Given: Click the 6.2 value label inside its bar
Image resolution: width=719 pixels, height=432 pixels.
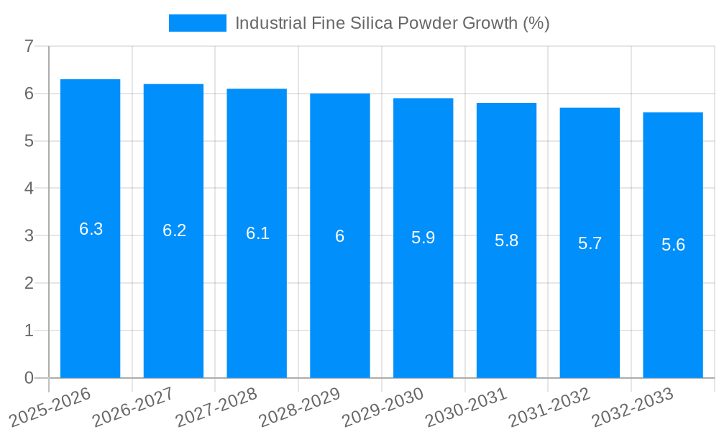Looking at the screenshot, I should (174, 230).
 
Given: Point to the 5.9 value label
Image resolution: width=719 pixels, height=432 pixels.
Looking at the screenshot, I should (423, 238).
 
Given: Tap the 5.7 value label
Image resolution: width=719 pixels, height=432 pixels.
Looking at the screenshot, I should (590, 243).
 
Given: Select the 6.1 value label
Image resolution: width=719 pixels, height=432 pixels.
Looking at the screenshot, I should (257, 233).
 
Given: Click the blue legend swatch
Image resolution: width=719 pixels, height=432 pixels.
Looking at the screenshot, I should (197, 23).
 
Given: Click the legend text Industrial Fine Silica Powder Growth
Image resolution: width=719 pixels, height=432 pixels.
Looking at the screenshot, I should (392, 23).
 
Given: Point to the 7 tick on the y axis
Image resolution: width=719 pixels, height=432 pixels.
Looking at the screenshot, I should (29, 47).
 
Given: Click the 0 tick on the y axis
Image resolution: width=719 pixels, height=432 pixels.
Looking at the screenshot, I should (29, 378).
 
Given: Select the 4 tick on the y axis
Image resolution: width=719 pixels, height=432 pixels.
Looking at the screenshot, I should (29, 189).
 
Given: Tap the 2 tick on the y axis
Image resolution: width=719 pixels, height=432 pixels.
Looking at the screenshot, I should (29, 283).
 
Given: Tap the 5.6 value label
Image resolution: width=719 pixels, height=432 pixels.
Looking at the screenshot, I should (673, 245).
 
